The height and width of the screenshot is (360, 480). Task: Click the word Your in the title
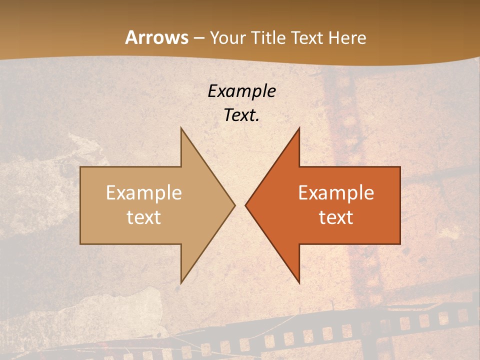(226, 38)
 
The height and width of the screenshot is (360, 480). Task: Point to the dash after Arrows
(198, 38)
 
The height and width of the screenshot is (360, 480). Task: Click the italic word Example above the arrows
(241, 91)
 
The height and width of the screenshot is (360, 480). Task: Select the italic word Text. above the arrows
(241, 115)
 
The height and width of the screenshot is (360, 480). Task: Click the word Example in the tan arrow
(144, 192)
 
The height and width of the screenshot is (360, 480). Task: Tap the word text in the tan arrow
(144, 217)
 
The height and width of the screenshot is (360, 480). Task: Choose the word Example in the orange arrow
(336, 192)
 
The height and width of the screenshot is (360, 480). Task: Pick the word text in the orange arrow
(336, 217)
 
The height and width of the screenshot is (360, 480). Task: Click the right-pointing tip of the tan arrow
(234, 205)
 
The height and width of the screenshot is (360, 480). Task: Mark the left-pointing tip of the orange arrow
(245, 205)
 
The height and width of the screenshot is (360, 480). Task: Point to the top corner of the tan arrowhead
(181, 128)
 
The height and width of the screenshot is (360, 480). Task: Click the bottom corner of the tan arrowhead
(181, 283)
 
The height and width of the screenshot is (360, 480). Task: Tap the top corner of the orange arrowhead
(299, 128)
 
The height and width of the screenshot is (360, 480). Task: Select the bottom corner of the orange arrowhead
(299, 283)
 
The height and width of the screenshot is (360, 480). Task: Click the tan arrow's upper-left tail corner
(80, 167)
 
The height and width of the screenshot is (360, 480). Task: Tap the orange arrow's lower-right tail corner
(400, 244)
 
